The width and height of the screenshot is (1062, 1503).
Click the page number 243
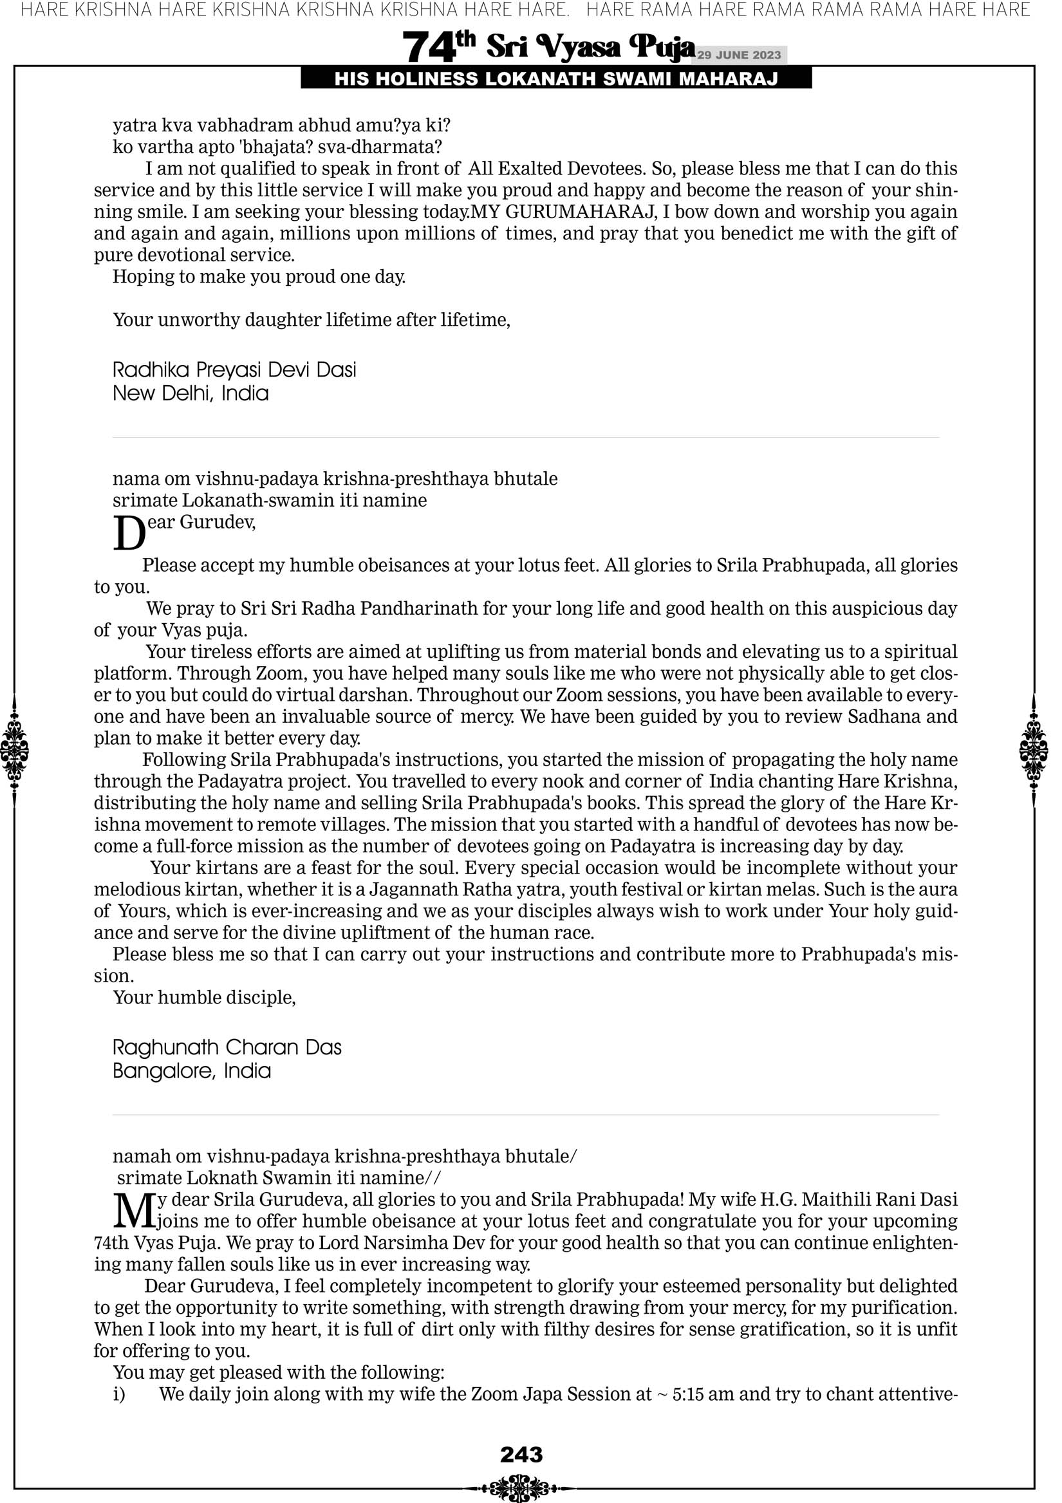[521, 1455]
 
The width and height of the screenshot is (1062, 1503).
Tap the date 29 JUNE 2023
[738, 55]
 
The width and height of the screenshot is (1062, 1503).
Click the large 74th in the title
[438, 47]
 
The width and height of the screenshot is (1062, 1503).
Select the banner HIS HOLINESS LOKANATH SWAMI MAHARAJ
[556, 79]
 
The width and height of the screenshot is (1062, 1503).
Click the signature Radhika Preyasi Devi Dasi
[234, 370]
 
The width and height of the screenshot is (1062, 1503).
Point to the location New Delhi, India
[191, 393]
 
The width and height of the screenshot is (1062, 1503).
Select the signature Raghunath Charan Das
[227, 1047]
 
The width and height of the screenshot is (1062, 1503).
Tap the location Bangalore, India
[192, 1071]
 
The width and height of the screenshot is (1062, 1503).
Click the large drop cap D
[129, 534]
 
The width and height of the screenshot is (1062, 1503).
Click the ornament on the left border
[14, 750]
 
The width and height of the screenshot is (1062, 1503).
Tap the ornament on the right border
[1034, 750]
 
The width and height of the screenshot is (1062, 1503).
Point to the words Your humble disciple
[203, 997]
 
